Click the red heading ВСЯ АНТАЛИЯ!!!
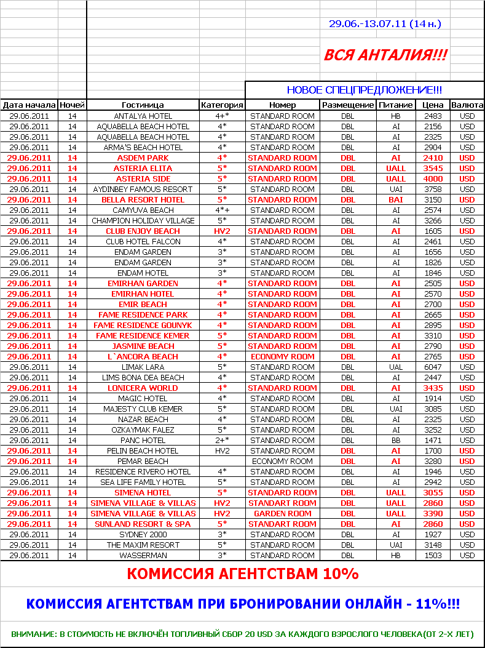385,55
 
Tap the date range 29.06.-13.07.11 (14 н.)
385,24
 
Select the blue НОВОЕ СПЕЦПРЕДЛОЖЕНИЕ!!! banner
365,90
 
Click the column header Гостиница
143,105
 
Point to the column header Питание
396,105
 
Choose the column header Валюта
467,105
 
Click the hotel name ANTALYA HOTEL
143,116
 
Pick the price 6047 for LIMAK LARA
433,367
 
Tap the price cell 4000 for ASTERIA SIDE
433,178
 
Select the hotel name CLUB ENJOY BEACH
143,231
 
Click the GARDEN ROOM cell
283,513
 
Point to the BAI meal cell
396,199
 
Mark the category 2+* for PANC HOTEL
222,441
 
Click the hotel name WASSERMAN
143,555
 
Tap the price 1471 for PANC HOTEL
433,441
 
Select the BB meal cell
396,441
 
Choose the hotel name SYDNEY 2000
143,534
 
